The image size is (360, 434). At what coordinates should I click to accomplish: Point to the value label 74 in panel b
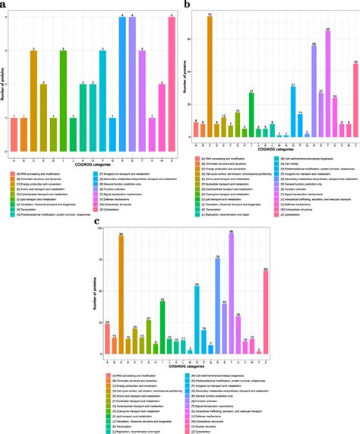tap(210, 14)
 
